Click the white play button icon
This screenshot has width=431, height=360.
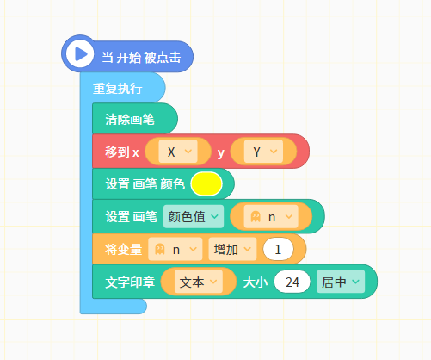click(x=80, y=53)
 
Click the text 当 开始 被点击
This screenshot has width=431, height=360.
click(x=141, y=58)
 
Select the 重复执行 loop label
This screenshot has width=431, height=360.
click(x=118, y=88)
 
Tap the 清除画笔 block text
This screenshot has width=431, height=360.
click(x=130, y=119)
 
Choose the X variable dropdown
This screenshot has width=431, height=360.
click(x=178, y=152)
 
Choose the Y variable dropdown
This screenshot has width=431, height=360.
click(x=263, y=152)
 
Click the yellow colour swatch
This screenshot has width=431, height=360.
click(x=206, y=184)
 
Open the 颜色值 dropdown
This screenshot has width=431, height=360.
click(x=194, y=216)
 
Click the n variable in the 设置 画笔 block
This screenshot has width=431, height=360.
click(x=271, y=216)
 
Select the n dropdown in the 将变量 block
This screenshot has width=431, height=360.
click(x=175, y=249)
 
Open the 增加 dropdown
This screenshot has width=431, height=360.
click(x=232, y=249)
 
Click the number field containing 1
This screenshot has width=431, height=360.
click(x=278, y=249)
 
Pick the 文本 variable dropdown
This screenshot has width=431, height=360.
click(x=199, y=282)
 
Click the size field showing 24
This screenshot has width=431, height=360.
click(x=292, y=282)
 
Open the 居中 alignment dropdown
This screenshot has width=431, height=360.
click(x=341, y=282)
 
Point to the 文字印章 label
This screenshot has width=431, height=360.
click(x=130, y=282)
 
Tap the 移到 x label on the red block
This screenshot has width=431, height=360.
click(x=122, y=152)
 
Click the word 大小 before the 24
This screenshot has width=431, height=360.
click(x=256, y=282)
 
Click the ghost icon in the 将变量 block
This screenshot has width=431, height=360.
click(x=160, y=249)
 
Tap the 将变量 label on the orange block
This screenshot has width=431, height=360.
click(x=124, y=249)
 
